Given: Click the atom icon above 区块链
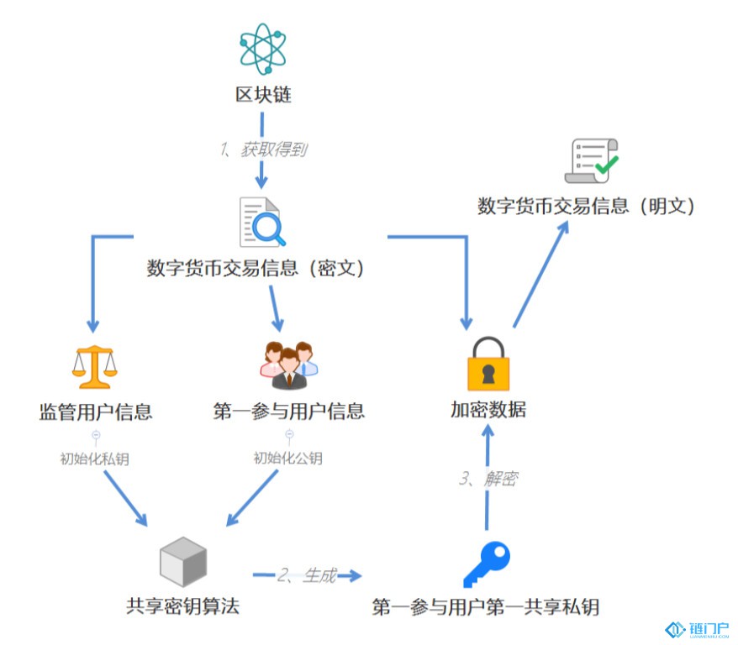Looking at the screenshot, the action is (x=262, y=49).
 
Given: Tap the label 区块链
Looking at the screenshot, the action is (x=263, y=95).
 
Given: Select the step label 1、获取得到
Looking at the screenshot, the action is (x=264, y=149).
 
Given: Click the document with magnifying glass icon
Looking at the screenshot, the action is (x=262, y=222).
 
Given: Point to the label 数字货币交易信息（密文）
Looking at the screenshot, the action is (x=255, y=268).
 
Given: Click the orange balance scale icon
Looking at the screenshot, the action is (x=95, y=367).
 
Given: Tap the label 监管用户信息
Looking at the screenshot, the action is (x=96, y=412).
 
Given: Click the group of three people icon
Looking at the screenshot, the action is (x=289, y=365).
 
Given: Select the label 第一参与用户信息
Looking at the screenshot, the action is (x=288, y=411).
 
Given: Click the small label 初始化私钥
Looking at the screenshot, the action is (x=95, y=459).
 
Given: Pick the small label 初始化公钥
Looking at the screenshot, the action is (x=288, y=458).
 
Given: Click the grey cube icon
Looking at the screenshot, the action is (x=183, y=561).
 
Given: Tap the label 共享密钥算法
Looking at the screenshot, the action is (x=182, y=606).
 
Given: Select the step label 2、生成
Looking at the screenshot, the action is (x=307, y=575).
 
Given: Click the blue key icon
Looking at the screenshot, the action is (x=487, y=564).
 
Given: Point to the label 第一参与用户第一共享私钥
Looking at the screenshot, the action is (x=485, y=607).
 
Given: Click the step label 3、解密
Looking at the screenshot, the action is (x=488, y=479).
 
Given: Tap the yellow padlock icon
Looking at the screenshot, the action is (x=488, y=364).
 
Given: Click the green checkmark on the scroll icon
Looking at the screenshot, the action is (x=607, y=165).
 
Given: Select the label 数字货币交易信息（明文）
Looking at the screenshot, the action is (x=586, y=206).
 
